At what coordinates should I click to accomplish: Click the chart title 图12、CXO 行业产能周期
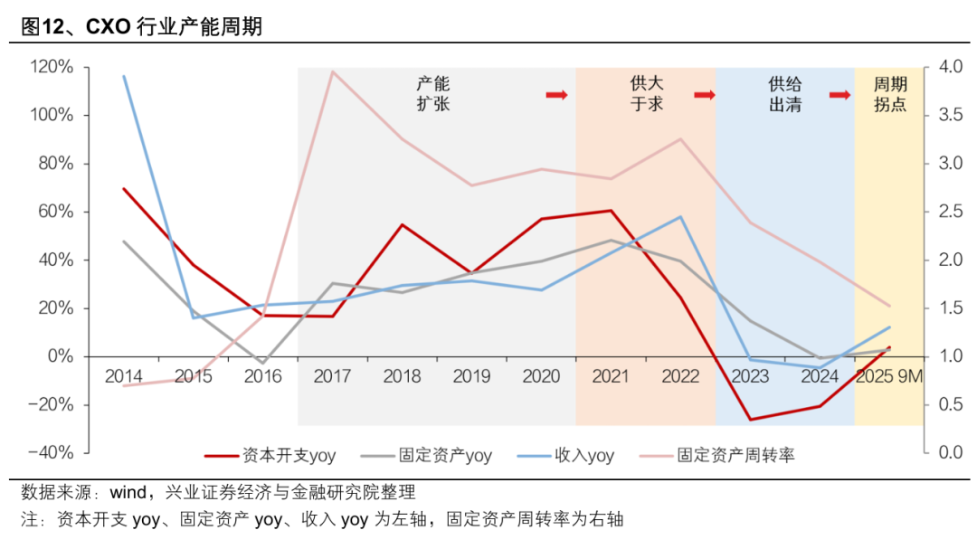(x=141, y=26)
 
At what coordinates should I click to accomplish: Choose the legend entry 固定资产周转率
(x=735, y=455)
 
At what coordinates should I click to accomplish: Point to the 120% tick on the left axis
(x=52, y=67)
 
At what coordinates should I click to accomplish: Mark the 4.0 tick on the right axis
(x=951, y=67)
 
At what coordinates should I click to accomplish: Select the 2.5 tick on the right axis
(x=951, y=212)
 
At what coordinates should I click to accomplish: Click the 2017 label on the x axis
(x=332, y=376)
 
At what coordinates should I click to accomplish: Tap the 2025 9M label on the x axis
(x=889, y=376)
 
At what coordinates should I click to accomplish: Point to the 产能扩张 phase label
(x=432, y=94)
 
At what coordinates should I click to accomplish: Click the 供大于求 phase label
(x=646, y=94)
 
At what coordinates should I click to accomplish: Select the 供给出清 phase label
(x=784, y=94)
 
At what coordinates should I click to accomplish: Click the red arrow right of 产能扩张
(x=555, y=94)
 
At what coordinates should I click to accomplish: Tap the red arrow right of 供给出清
(x=840, y=94)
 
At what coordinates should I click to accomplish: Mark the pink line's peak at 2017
(x=332, y=71)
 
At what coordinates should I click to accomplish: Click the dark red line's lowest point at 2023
(x=750, y=420)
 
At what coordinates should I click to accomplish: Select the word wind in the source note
(x=128, y=493)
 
